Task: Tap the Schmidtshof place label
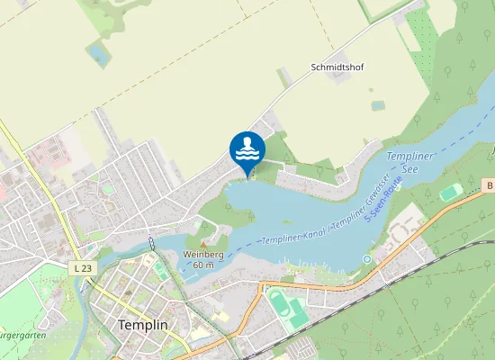pyautogui.click(x=343, y=67)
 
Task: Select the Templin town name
pyautogui.click(x=143, y=325)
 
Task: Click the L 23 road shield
pyautogui.click(x=81, y=268)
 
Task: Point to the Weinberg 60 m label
pyautogui.click(x=203, y=259)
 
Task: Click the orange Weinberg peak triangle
pyautogui.click(x=203, y=244)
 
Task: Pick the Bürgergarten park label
pyautogui.click(x=22, y=336)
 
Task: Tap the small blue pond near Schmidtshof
pyautogui.click(x=378, y=105)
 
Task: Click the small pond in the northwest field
pyautogui.click(x=96, y=55)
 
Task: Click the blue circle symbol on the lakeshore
pyautogui.click(x=366, y=259)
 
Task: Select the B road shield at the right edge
pyautogui.click(x=490, y=184)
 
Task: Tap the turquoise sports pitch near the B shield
pyautogui.click(x=450, y=192)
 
